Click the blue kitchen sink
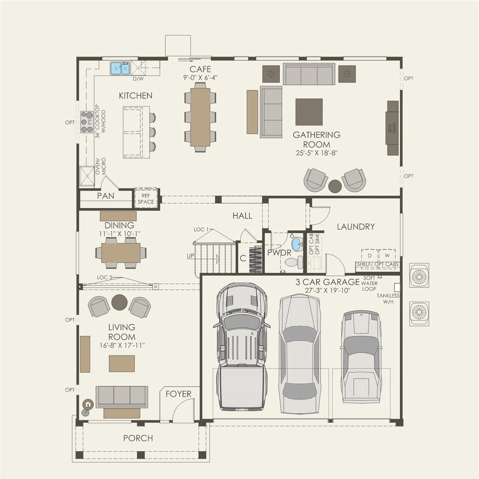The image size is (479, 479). click(120, 69)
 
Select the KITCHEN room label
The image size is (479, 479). click(135, 95)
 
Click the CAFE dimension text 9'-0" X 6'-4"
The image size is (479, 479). click(200, 77)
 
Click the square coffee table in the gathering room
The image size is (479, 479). click(309, 112)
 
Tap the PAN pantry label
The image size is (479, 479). click(105, 196)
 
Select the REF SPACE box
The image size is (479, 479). click(146, 199)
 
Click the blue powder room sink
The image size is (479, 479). click(297, 244)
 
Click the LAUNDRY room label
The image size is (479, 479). click(355, 226)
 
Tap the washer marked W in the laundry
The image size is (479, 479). click(387, 256)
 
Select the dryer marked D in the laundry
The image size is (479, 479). click(369, 256)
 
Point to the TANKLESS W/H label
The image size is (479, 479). click(388, 299)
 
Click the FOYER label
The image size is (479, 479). click(178, 394)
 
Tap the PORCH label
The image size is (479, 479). click(138, 438)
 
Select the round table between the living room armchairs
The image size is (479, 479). click(119, 302)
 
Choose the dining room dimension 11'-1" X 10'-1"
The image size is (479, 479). click(119, 234)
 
